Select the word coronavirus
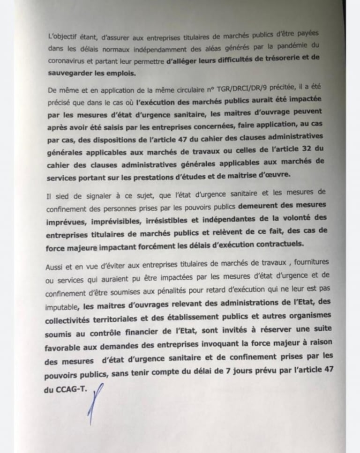(x=68, y=61)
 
